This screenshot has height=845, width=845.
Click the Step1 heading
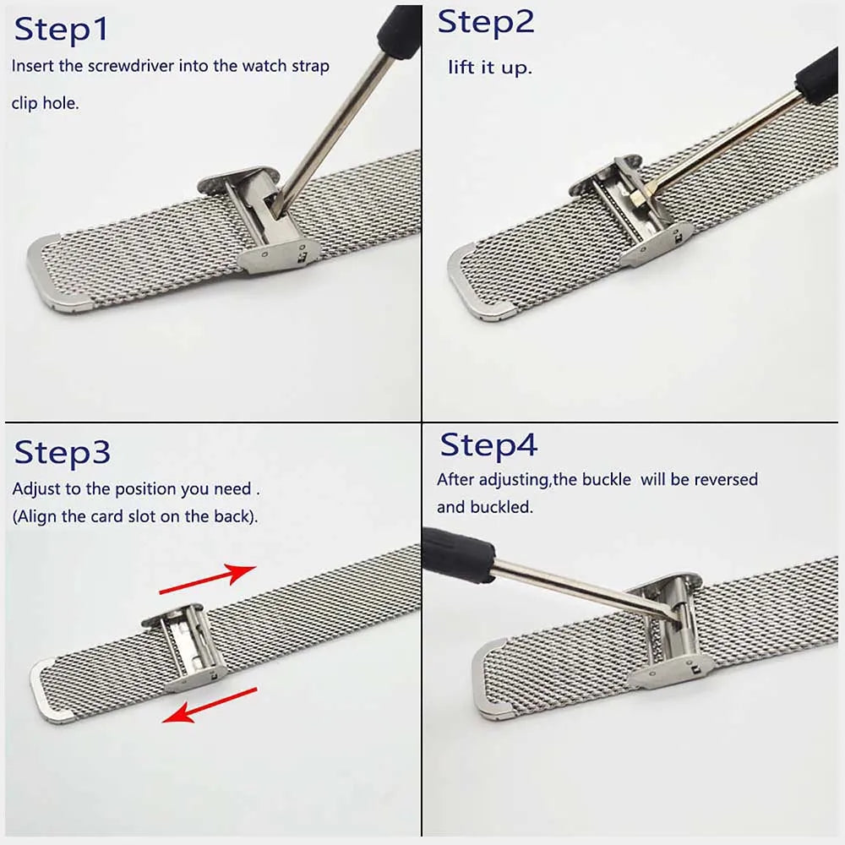[61, 30]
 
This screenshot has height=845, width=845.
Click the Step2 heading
[486, 23]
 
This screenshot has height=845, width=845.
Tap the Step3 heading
[62, 453]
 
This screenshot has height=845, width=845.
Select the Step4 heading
[488, 444]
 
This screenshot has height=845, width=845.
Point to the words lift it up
[490, 68]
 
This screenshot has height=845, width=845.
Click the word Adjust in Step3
[35, 489]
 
